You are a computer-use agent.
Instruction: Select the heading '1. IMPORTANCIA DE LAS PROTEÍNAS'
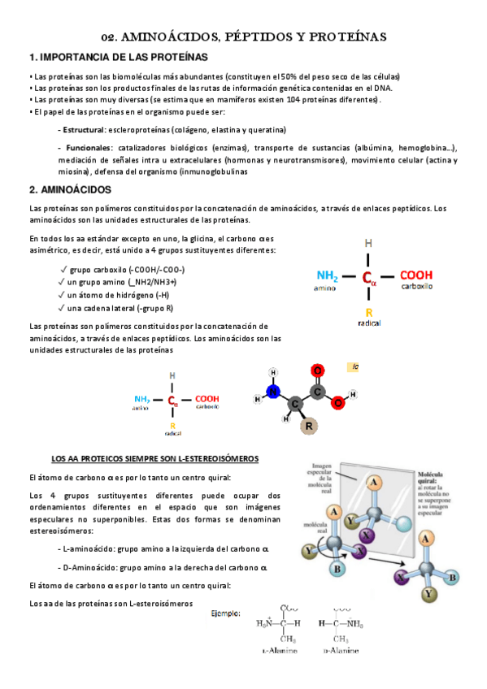click(x=118, y=58)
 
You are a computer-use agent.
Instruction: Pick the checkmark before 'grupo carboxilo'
click(x=63, y=269)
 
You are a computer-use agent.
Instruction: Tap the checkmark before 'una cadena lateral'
click(x=63, y=308)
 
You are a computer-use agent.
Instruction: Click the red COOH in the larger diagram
click(x=416, y=275)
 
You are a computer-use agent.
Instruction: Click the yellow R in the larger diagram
click(x=368, y=312)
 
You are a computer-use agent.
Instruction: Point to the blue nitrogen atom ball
click(x=274, y=392)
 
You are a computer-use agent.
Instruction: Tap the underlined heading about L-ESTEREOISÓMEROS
click(x=154, y=459)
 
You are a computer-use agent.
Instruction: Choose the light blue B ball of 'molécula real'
click(x=337, y=569)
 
